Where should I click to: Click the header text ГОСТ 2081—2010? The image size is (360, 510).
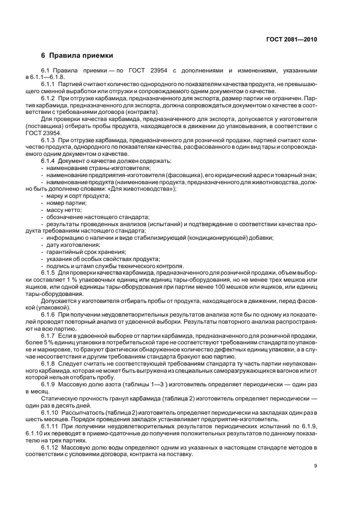pyautogui.click(x=292, y=40)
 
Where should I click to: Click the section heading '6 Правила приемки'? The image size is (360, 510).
pyautogui.click(x=77, y=56)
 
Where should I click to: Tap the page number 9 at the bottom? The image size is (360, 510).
pyautogui.click(x=315, y=465)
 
